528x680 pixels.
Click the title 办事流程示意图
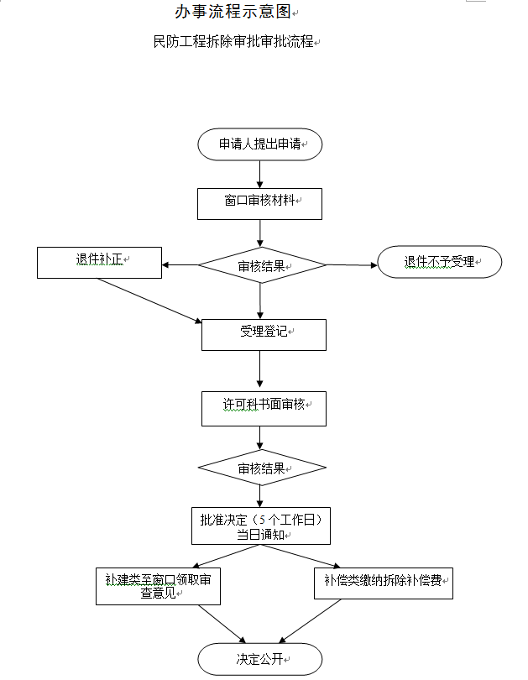tap(233, 12)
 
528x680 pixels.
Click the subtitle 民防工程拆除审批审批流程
tap(233, 41)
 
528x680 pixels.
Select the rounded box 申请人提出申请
tap(260, 144)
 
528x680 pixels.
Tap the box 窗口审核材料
tap(260, 203)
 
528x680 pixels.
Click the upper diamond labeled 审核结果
tap(262, 266)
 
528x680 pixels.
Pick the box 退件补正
tap(99, 262)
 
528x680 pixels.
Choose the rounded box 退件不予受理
tap(440, 262)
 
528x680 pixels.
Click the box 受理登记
tap(264, 334)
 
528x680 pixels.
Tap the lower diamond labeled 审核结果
tap(262, 468)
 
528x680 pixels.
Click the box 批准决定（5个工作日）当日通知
tap(260, 526)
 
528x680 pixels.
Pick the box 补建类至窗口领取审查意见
tap(158, 586)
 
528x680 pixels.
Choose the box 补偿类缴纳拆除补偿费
tap(384, 582)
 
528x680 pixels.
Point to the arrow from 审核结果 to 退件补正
tap(180, 265)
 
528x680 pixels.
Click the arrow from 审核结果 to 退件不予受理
tap(352, 265)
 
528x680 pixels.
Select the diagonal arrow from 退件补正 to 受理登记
tap(149, 300)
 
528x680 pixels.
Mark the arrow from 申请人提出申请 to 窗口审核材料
tap(260, 174)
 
